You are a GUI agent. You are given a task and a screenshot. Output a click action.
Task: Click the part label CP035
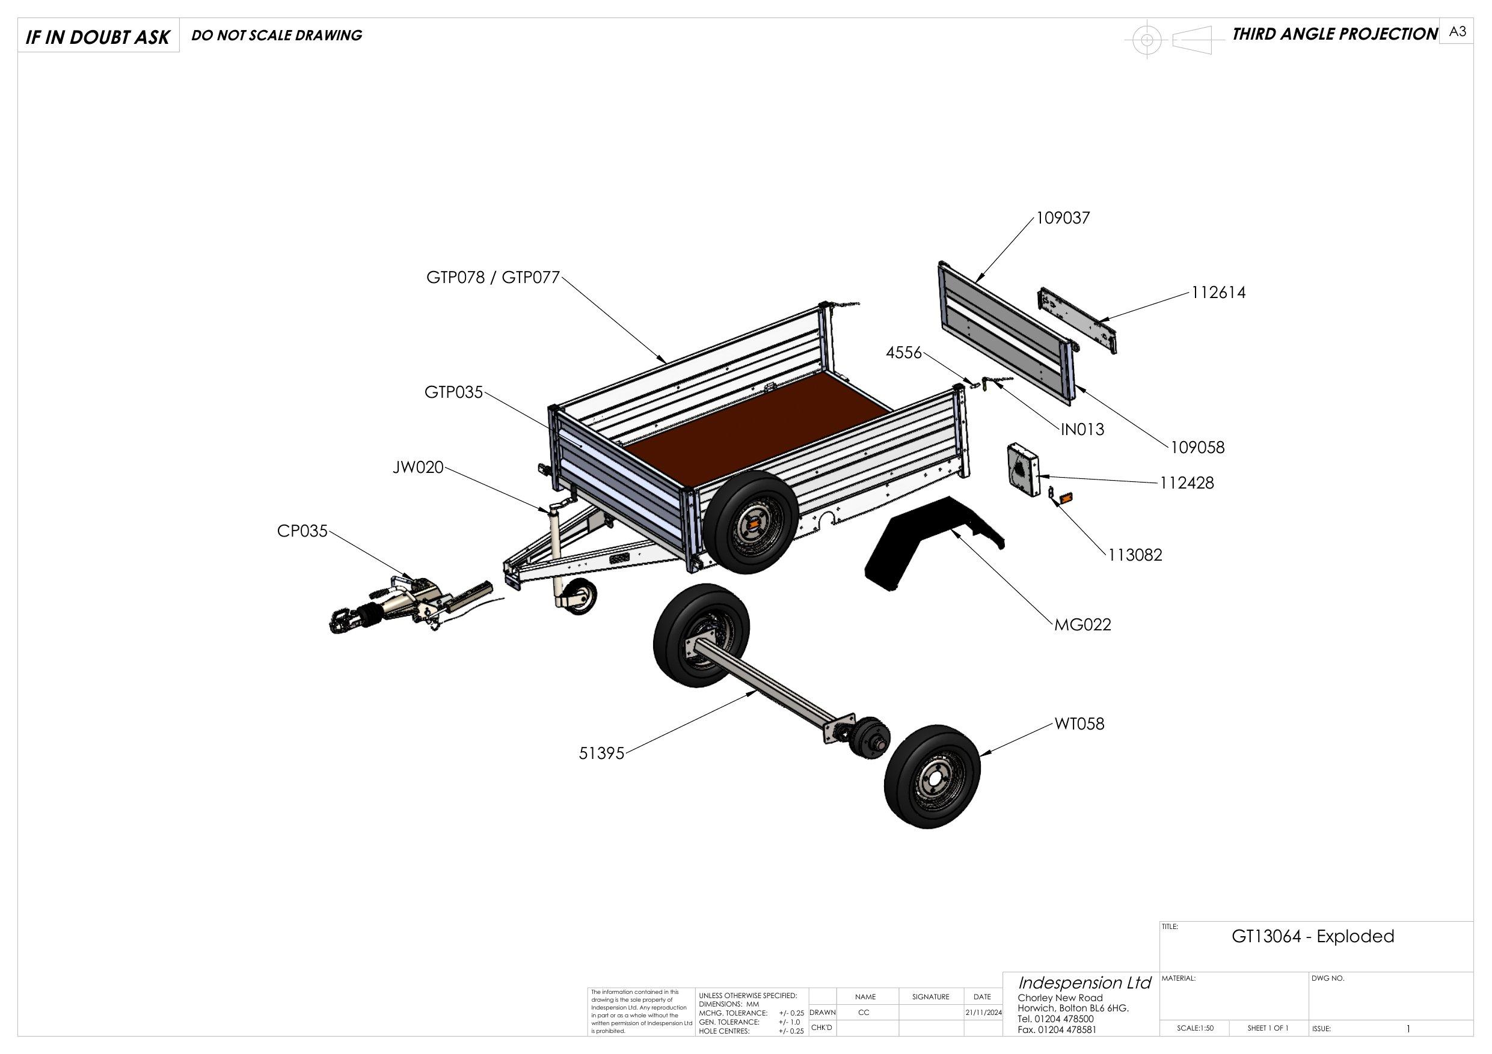[x=302, y=531]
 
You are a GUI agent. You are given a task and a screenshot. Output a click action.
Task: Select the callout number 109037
[x=1063, y=218]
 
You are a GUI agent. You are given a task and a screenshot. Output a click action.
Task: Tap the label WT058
[x=1079, y=723]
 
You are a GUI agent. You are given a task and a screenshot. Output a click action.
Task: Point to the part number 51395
[x=601, y=754]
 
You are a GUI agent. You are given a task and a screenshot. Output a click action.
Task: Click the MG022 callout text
[x=1082, y=625]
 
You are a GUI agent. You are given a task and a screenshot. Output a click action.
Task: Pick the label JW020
[x=418, y=468]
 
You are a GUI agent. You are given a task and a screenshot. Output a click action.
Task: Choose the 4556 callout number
[x=904, y=353]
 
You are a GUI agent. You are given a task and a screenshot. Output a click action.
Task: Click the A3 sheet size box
[x=1457, y=32]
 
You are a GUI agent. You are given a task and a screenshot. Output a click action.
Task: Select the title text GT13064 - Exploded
[x=1313, y=936]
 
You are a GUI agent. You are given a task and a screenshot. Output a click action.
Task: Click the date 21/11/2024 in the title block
[x=983, y=1013]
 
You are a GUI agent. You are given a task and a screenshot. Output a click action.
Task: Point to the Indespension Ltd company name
[x=1084, y=982]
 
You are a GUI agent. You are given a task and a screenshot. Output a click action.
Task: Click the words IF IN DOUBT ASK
[x=97, y=38]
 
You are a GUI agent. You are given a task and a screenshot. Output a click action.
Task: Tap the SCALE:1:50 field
[x=1195, y=1028]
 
